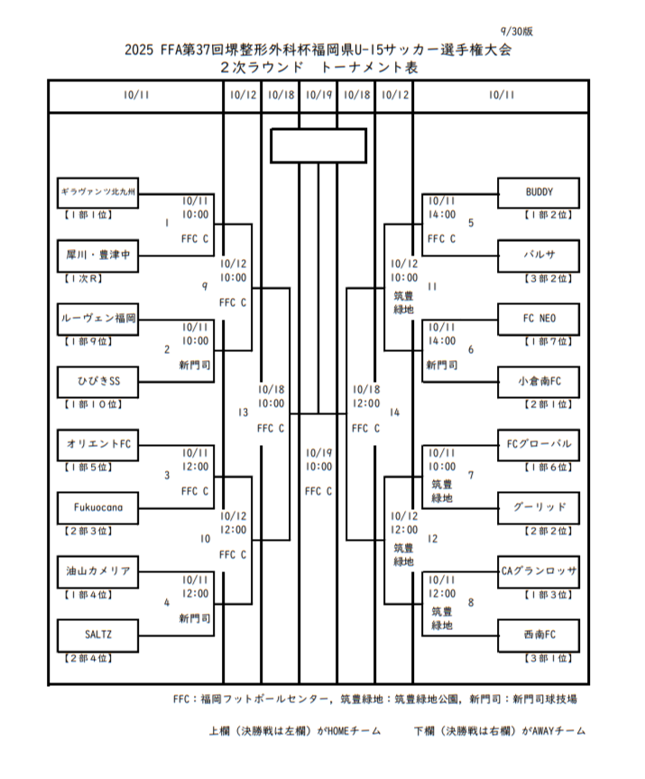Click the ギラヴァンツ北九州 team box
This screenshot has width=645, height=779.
(x=97, y=192)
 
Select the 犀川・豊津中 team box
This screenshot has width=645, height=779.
(x=97, y=255)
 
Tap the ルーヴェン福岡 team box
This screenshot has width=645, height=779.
(x=97, y=319)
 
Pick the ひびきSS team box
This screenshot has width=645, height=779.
(x=97, y=382)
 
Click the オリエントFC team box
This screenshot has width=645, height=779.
(x=97, y=444)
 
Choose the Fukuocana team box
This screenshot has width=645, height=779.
(x=97, y=507)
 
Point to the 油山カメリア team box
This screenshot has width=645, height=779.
(x=97, y=571)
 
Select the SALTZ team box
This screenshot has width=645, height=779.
(x=97, y=635)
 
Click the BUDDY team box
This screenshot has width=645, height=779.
(x=539, y=192)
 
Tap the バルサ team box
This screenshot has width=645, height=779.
(x=539, y=255)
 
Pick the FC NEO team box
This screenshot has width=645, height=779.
(x=539, y=319)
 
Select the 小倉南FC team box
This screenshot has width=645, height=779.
(x=539, y=382)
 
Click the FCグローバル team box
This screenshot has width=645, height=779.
(x=539, y=444)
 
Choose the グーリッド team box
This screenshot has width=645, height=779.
(x=539, y=507)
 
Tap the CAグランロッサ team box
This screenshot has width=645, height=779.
(x=539, y=571)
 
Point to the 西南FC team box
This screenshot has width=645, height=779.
(x=539, y=635)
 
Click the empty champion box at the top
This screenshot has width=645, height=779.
(x=318, y=145)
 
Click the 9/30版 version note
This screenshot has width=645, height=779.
(x=516, y=31)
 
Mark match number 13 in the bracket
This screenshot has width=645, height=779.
(x=243, y=413)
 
